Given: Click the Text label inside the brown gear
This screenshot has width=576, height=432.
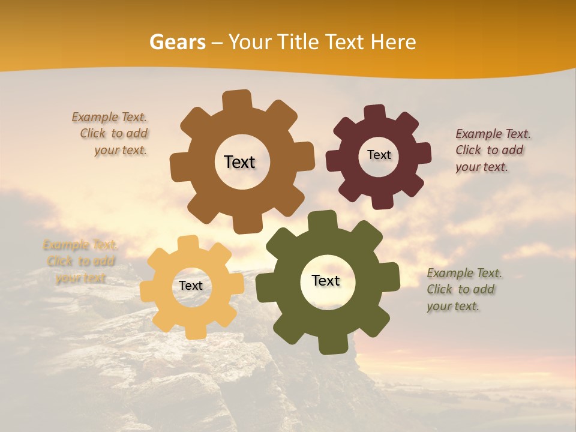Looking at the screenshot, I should [x=239, y=162].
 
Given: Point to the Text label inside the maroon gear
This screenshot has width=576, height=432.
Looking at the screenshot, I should [x=379, y=155].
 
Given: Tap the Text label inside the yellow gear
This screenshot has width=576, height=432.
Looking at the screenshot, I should [x=191, y=286].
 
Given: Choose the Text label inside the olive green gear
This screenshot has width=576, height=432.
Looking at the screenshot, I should [x=326, y=281].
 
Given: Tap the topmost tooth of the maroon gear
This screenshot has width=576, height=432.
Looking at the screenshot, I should [x=375, y=113].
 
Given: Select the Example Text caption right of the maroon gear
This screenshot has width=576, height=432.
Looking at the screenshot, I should [x=492, y=150].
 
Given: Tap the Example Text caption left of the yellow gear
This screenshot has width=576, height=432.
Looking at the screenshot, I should [x=80, y=261].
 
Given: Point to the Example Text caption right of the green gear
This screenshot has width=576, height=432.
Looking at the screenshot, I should [x=463, y=289].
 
